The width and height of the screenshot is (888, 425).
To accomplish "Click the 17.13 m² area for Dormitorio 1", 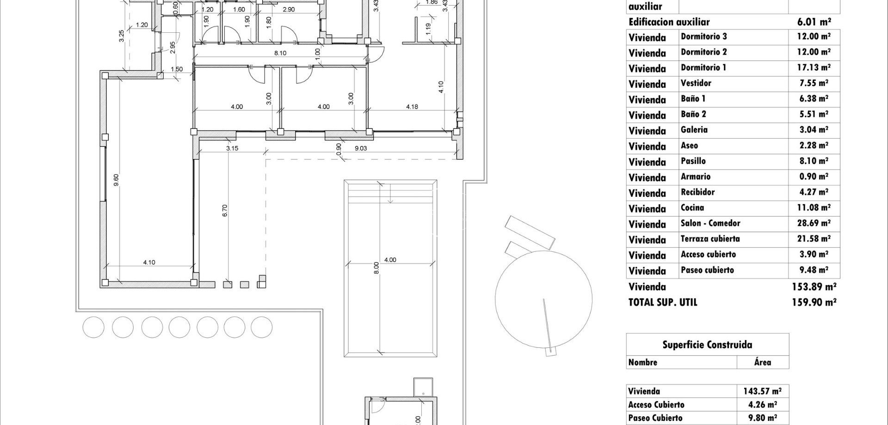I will [814, 68].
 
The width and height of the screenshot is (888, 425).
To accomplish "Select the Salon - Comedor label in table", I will [710, 224].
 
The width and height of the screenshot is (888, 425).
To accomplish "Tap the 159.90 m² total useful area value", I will [814, 303].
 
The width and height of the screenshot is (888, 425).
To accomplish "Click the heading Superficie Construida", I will [707, 345].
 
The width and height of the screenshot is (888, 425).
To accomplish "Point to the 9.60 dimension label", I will [116, 180].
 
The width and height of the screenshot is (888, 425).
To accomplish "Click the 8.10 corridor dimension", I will [280, 53].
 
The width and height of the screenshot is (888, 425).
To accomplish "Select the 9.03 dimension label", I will [360, 148].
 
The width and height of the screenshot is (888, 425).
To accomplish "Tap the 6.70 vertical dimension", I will [225, 211].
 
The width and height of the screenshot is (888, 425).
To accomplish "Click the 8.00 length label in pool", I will [376, 268].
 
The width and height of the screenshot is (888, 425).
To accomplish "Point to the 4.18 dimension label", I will [412, 107].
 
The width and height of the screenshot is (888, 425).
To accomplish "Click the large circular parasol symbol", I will [543, 299].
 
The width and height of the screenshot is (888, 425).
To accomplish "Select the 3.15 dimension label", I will [232, 148].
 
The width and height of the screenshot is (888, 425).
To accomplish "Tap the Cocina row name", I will [692, 208].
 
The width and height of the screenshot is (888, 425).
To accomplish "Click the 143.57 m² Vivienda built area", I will [762, 391].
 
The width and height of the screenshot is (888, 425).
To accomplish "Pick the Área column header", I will [762, 363].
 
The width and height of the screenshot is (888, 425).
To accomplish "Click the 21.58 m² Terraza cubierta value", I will [814, 239].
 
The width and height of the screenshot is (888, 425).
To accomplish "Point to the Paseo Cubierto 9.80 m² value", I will [762, 418].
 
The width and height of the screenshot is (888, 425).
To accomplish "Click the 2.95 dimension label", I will [173, 48].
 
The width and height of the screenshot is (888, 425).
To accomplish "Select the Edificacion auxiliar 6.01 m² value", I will [814, 22].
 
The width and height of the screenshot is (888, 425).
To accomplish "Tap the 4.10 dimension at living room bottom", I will [149, 262].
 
